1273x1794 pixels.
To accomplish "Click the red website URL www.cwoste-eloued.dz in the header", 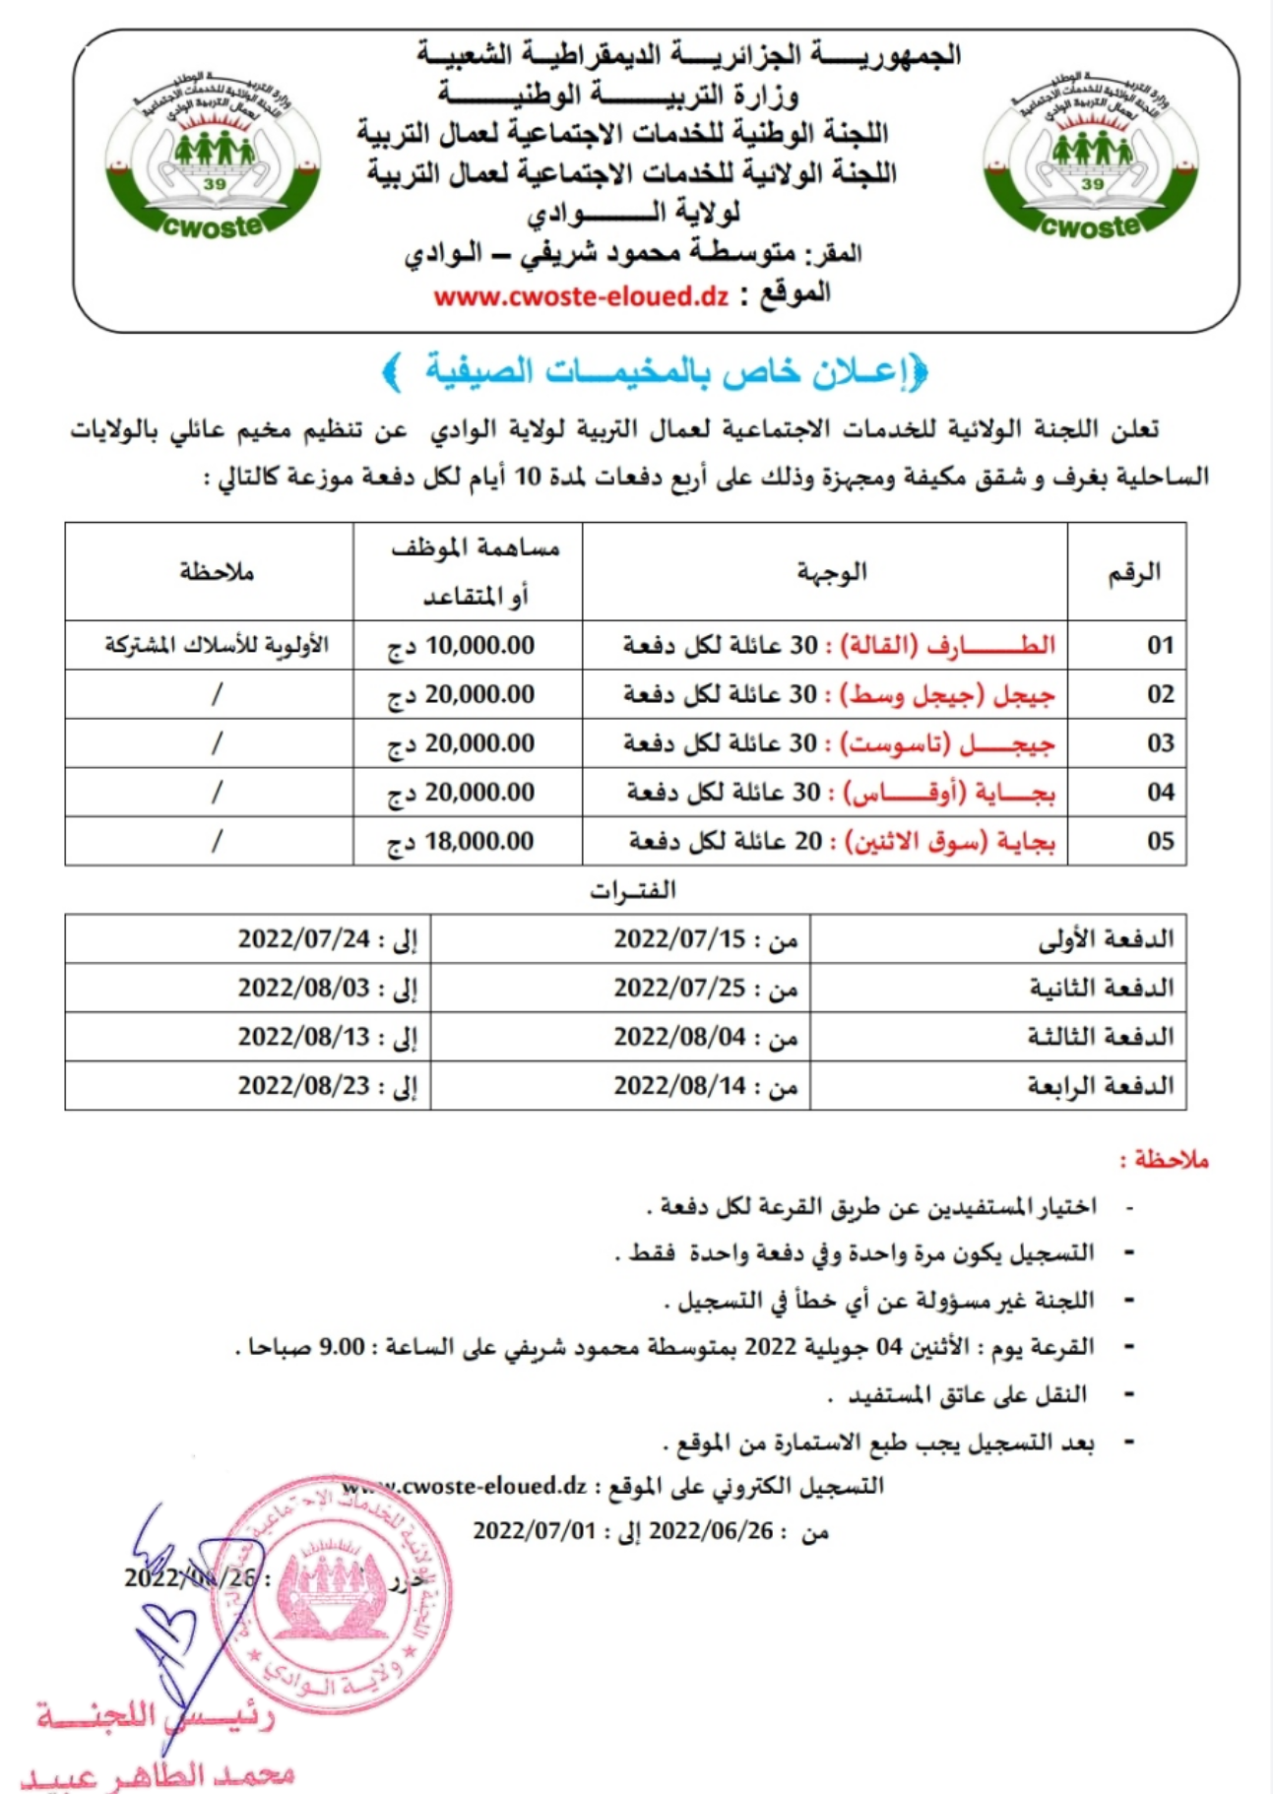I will pos(581,296).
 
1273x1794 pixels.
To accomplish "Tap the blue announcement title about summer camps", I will pos(655,371).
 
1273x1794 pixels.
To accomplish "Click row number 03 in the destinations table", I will pos(1160,743).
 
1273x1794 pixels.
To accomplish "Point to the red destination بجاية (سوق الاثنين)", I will pos(950,842).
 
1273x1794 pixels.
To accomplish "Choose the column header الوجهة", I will pos(832,572).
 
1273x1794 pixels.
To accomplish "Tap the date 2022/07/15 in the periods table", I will pos(679,939).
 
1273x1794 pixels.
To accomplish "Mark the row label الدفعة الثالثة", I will pos(1101,1037).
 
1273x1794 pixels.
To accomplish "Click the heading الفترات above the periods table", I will pos(632,891).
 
